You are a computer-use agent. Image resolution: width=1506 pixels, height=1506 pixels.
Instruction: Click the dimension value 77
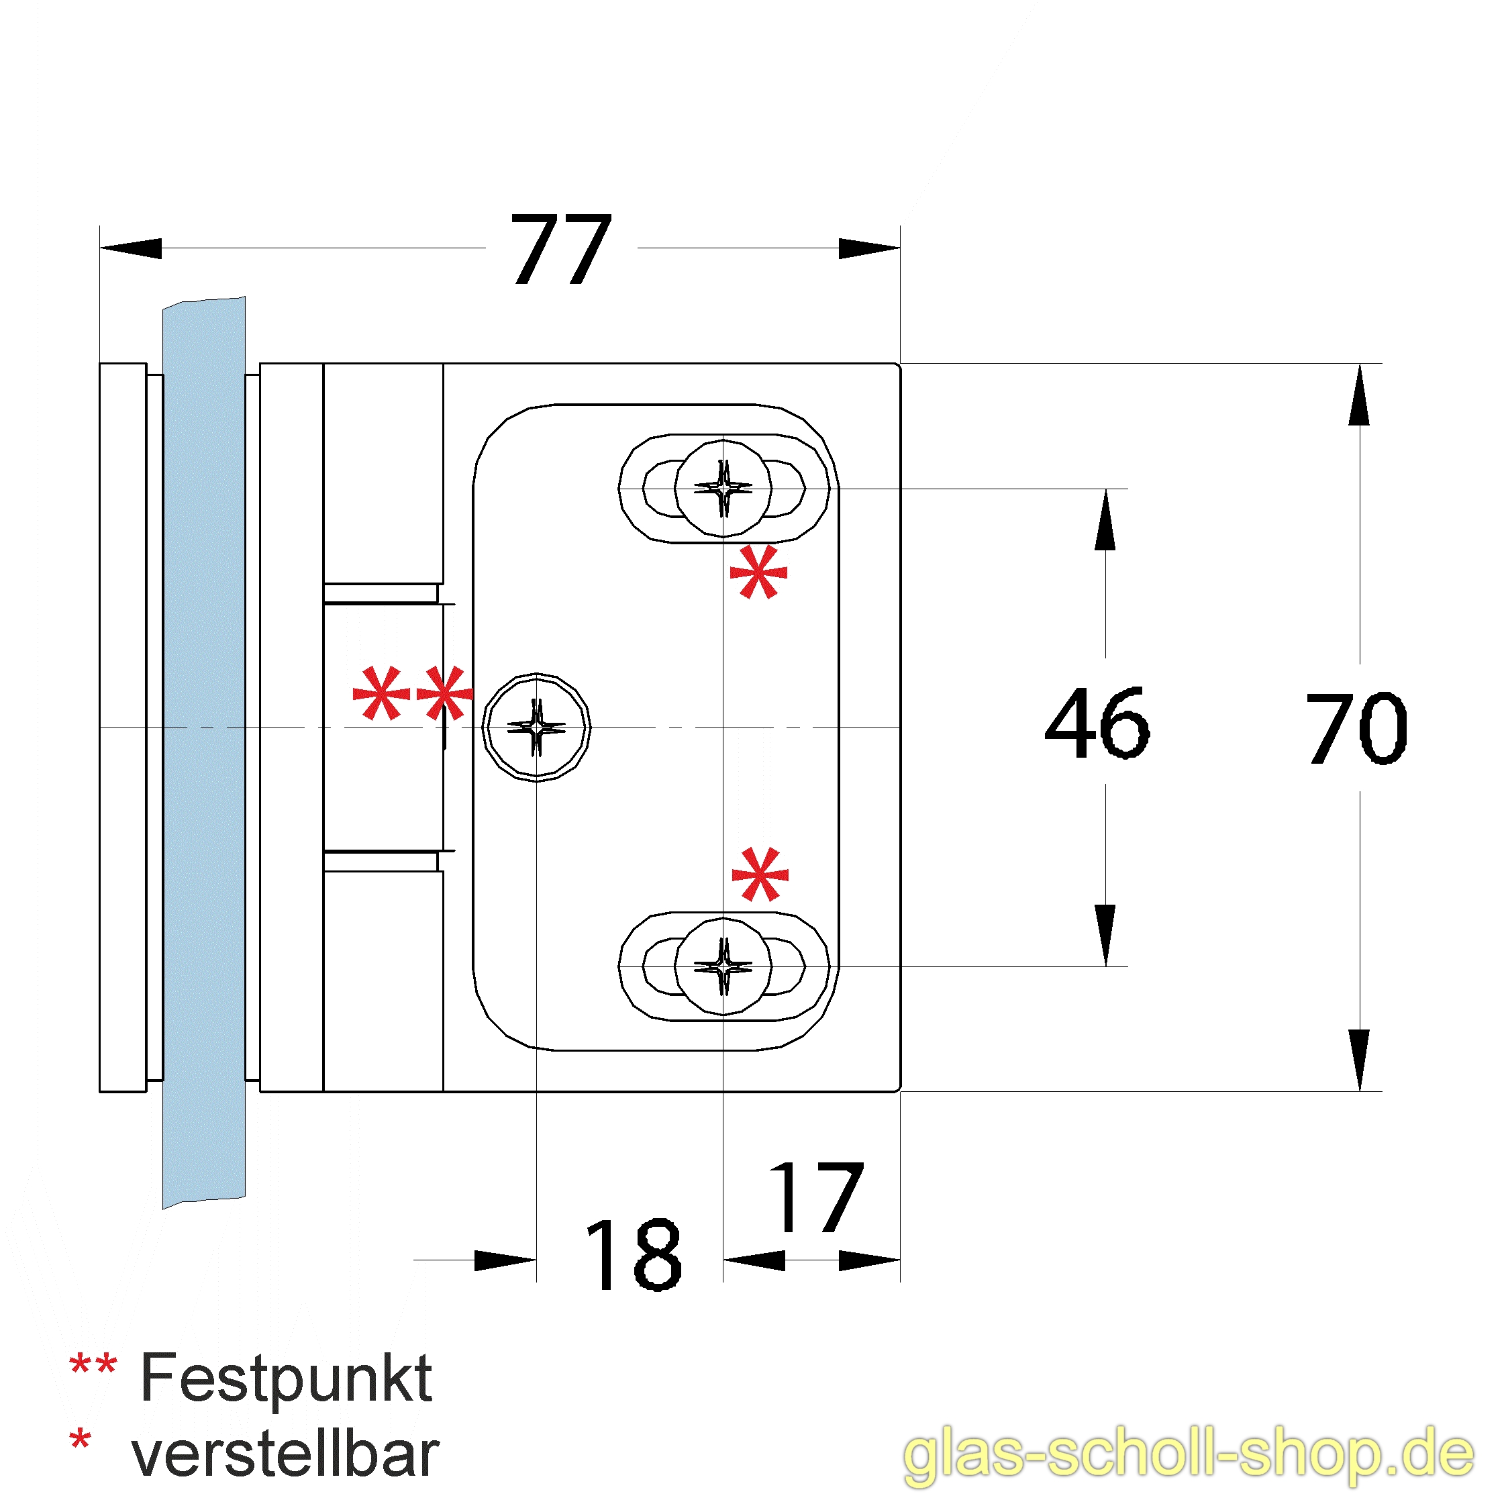(x=561, y=250)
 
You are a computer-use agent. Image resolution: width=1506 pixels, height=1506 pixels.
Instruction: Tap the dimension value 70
(x=1357, y=728)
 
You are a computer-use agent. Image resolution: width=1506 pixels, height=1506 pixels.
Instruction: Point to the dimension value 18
(x=633, y=1254)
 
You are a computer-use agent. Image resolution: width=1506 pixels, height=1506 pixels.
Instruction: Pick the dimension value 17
(x=816, y=1198)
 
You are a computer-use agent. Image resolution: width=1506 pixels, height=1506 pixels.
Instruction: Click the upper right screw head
(x=723, y=489)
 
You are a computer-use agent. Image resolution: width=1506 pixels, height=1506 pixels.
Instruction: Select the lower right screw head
(x=723, y=967)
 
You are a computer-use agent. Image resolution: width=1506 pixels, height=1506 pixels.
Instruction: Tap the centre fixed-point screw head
(x=536, y=727)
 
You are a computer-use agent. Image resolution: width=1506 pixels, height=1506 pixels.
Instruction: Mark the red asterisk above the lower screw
(x=760, y=874)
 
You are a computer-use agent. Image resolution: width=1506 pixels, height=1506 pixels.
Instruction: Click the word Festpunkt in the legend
(x=286, y=1378)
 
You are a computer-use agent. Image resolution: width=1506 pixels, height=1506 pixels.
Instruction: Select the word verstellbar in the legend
(x=285, y=1454)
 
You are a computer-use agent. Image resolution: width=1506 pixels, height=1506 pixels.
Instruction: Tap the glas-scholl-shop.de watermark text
(x=1189, y=1454)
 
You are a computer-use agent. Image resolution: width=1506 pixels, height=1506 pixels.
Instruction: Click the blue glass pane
(x=204, y=748)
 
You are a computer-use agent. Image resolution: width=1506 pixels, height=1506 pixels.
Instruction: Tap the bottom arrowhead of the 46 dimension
(x=1105, y=936)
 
